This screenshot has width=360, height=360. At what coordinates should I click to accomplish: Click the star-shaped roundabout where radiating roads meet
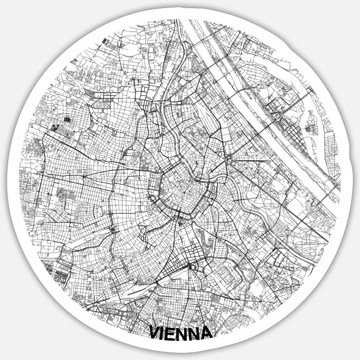click(229, 158)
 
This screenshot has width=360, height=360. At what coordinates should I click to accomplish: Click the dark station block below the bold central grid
click(193, 266)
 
